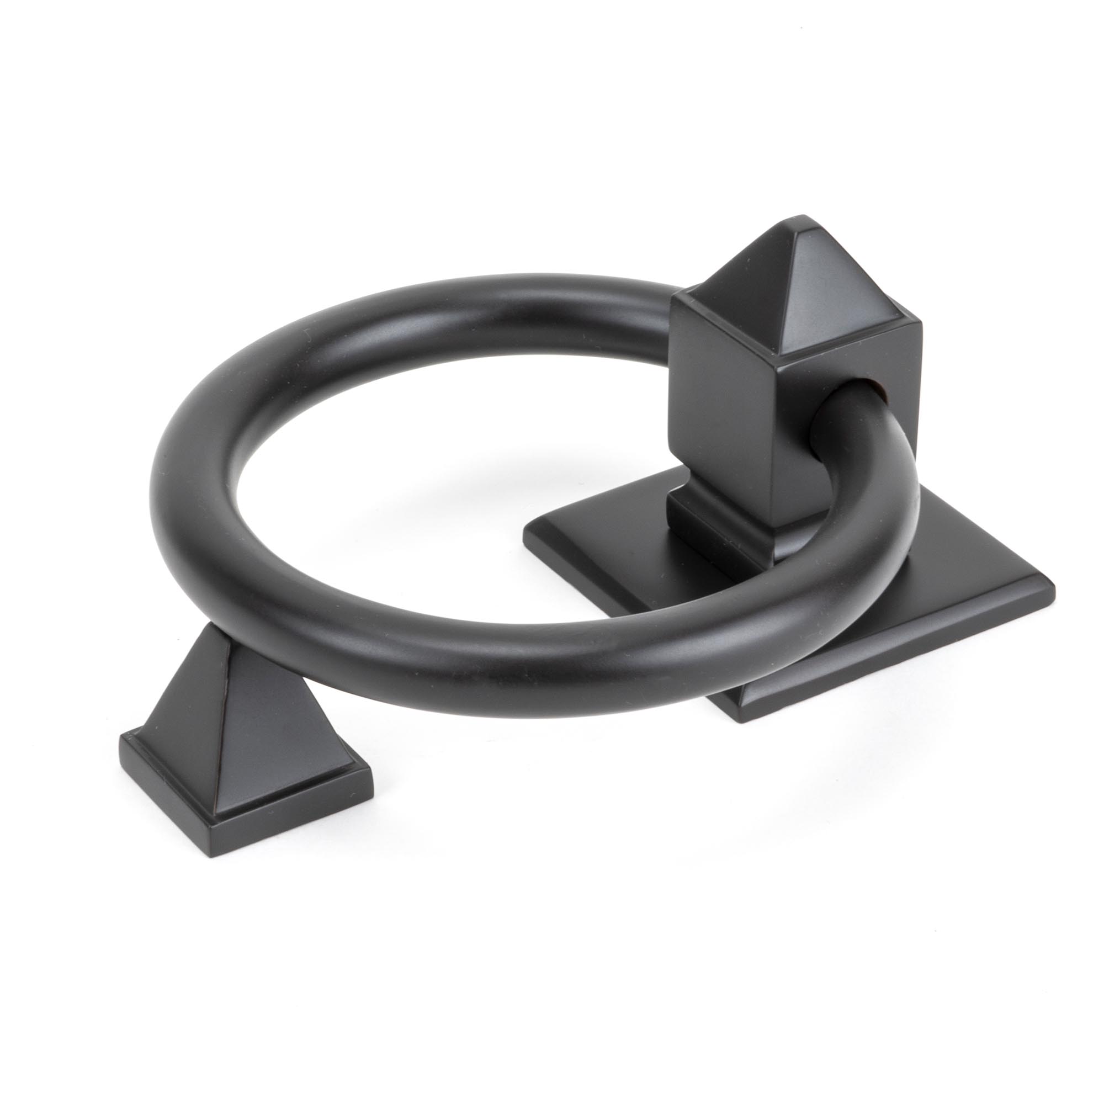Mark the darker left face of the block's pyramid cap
pos(743,286)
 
